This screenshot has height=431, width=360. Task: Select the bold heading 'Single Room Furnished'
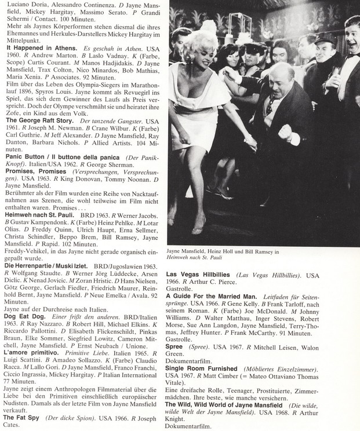[201, 368]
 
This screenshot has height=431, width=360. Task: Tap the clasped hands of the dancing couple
[250, 141]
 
